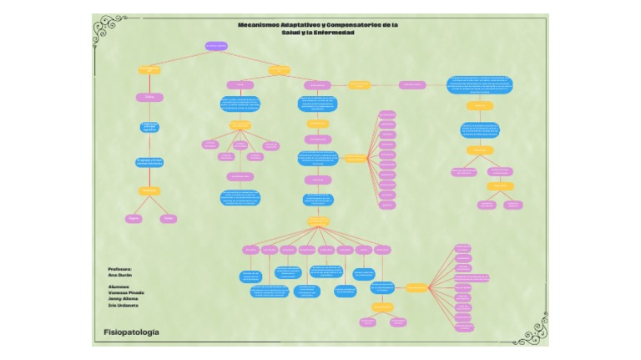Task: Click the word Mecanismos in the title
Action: (x=260, y=25)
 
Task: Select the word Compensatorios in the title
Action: (x=351, y=25)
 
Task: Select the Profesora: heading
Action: (x=120, y=269)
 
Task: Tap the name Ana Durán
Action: (x=120, y=275)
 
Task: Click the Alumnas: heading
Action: (x=119, y=286)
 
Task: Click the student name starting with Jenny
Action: (x=124, y=299)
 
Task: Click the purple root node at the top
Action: (x=216, y=46)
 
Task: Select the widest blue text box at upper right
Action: (x=480, y=84)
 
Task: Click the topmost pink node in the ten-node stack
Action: (x=387, y=114)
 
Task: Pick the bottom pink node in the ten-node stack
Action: (x=387, y=204)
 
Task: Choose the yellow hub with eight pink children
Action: (x=318, y=222)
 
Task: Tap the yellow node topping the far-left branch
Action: (x=149, y=70)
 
